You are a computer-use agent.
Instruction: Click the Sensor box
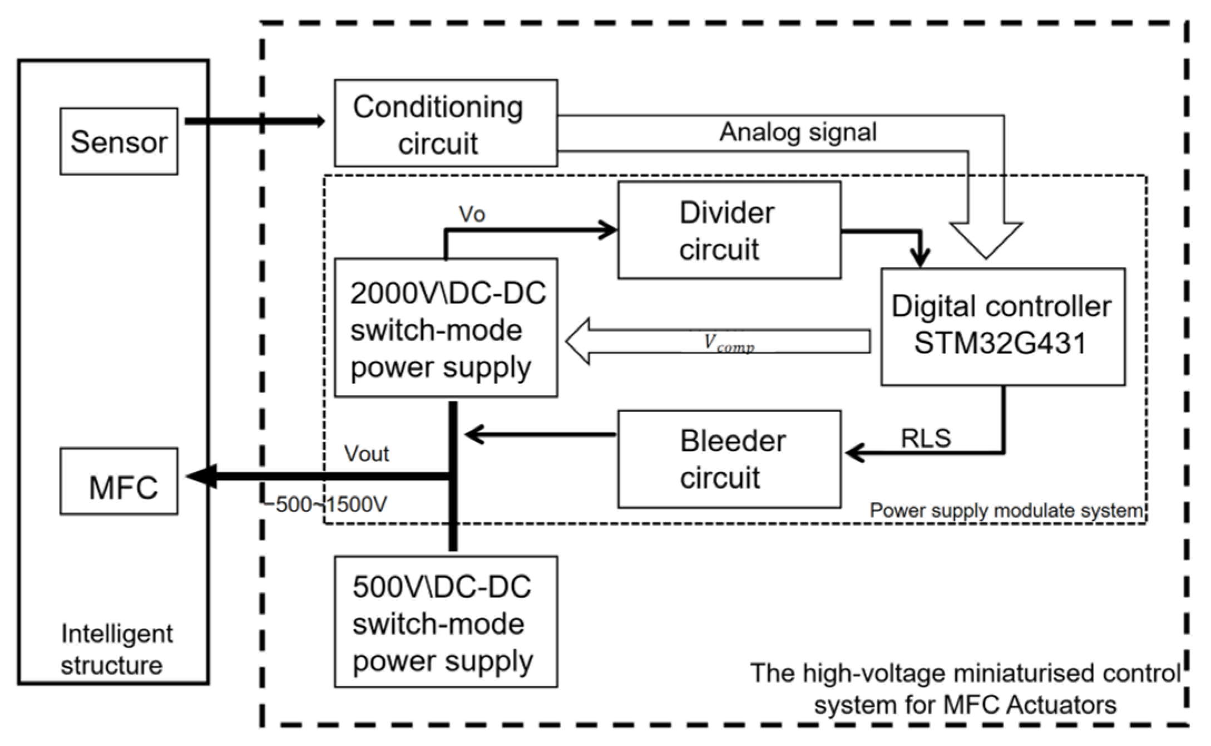pos(118,141)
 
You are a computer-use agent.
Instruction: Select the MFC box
pos(118,482)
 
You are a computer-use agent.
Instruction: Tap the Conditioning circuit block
pos(445,123)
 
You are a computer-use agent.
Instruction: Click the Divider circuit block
pos(729,230)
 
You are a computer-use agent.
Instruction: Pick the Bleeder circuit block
pos(729,459)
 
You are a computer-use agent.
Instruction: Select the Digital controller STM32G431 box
pos(1002,327)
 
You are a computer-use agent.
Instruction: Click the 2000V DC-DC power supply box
pos(445,328)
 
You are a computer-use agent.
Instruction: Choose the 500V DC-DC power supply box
pos(445,622)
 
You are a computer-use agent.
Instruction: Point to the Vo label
pos(472,214)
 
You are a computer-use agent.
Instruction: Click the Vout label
pos(366,454)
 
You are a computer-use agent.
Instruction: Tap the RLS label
pos(926,439)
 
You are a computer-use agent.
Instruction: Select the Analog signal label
pos(798,132)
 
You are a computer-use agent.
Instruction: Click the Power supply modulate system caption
pos(1006,511)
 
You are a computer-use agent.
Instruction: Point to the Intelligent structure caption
pos(116,649)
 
